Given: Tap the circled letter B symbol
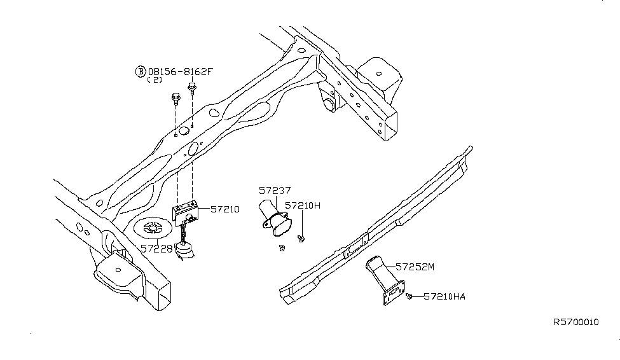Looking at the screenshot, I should [x=139, y=71].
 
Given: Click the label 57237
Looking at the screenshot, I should [x=275, y=190].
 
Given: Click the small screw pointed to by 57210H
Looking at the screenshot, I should [x=302, y=239].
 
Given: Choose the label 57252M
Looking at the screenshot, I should [x=414, y=267].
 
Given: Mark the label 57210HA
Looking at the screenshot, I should [x=444, y=296].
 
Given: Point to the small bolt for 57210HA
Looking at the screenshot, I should [x=411, y=296].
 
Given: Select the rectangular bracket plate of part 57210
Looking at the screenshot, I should [x=186, y=210].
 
